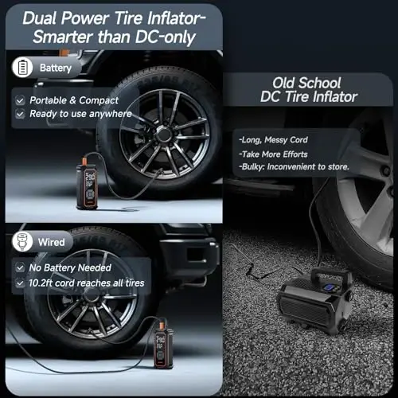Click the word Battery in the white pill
[55, 68]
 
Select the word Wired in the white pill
[53, 241]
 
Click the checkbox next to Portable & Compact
[20, 100]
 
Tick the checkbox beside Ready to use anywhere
[20, 114]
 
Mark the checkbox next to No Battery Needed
[20, 268]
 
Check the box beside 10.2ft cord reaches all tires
[20, 283]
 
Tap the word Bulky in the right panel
[255, 168]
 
